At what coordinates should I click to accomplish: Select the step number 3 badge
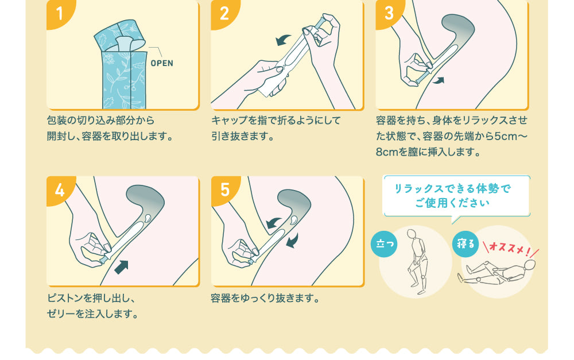(389, 11)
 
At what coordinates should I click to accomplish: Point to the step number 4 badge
(59, 189)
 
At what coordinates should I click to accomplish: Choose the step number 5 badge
(224, 189)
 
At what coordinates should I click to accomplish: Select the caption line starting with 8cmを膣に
(427, 153)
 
